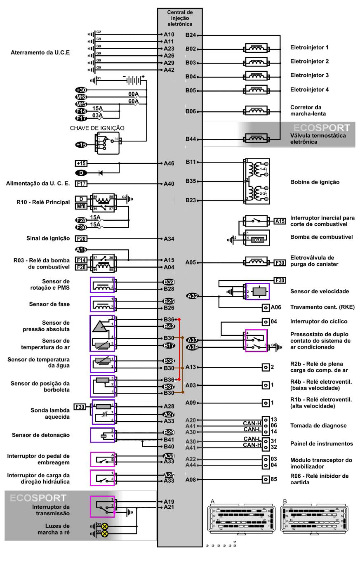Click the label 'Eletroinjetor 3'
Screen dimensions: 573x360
pos(309,75)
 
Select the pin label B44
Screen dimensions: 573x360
pos(191,139)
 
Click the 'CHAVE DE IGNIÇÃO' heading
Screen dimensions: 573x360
pos(97,128)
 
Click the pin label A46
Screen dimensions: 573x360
pos(169,163)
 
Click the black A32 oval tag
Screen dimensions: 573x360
pos(193,295)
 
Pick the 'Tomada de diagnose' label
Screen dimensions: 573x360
pos(318,426)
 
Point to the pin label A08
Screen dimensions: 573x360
pos(191,480)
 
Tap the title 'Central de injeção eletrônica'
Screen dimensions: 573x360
pos(180,19)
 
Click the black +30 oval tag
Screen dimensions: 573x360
pos(81,90)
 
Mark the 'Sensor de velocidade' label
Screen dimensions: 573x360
pos(320,291)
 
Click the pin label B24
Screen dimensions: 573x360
pos(191,35)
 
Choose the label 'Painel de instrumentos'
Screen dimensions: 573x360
pos(322,443)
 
